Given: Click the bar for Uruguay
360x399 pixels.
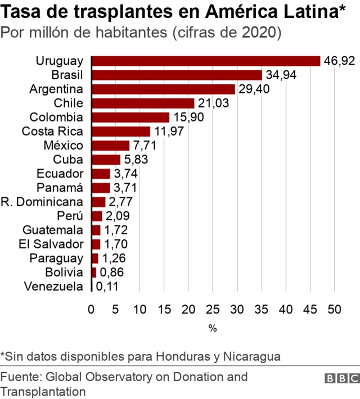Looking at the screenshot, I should point(205,61).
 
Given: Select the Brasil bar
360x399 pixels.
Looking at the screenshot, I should point(176,75).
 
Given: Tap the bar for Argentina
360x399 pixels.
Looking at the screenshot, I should point(163,89).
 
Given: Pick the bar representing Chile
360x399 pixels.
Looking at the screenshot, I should point(142,103).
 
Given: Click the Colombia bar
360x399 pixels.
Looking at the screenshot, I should point(130,117).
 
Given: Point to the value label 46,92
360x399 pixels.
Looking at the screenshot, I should point(339,61).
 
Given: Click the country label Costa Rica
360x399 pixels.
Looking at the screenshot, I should point(52,131).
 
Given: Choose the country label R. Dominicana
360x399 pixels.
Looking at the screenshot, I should point(42,201).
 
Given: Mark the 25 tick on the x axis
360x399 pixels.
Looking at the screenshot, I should point(213,308).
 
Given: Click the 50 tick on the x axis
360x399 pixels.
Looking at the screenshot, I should point(335,308).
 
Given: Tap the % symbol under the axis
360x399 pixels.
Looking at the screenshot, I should point(213,328).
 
